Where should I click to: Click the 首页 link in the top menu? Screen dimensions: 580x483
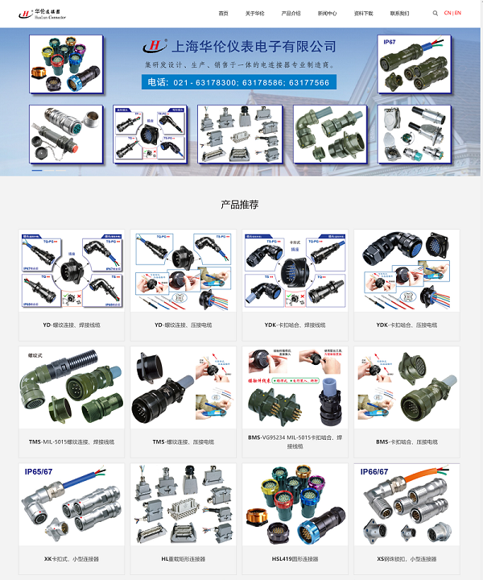pyautogui.click(x=223, y=14)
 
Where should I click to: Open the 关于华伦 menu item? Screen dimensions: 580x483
pyautogui.click(x=254, y=14)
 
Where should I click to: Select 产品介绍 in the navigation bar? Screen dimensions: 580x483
pyautogui.click(x=291, y=14)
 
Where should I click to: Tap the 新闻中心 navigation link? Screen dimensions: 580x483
pyautogui.click(x=327, y=14)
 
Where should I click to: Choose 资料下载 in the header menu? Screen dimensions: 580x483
pyautogui.click(x=363, y=14)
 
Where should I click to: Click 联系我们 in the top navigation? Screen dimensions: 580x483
pyautogui.click(x=399, y=14)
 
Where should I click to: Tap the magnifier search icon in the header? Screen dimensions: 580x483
pyautogui.click(x=436, y=14)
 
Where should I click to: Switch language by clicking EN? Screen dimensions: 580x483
pyautogui.click(x=458, y=14)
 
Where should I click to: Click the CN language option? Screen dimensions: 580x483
pyautogui.click(x=448, y=14)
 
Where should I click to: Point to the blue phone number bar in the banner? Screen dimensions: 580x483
pyautogui.click(x=239, y=82)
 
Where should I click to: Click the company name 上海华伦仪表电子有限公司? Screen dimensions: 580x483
pyautogui.click(x=250, y=47)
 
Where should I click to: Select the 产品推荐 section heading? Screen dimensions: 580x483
pyautogui.click(x=240, y=205)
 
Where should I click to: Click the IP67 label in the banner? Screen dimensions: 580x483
pyautogui.click(x=390, y=41)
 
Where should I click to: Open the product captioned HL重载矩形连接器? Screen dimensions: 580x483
pyautogui.click(x=183, y=558)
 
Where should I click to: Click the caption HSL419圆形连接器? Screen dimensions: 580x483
pyautogui.click(x=295, y=558)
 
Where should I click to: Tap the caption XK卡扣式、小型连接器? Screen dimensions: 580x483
pyautogui.click(x=72, y=558)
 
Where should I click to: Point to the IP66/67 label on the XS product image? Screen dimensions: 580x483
pyautogui.click(x=374, y=472)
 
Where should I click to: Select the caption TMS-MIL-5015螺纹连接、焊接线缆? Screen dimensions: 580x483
pyautogui.click(x=72, y=441)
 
